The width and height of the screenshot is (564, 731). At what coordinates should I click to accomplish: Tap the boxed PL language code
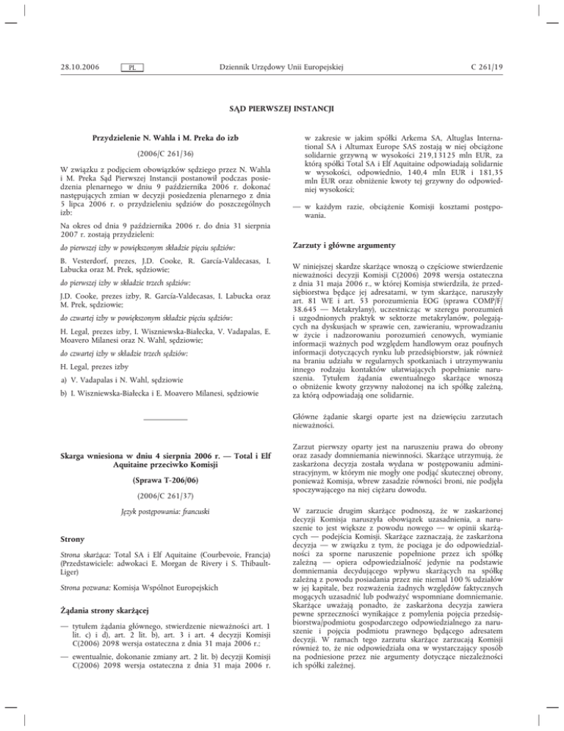pos(130,68)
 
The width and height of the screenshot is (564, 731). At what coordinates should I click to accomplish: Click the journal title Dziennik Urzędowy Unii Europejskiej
pos(282,67)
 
